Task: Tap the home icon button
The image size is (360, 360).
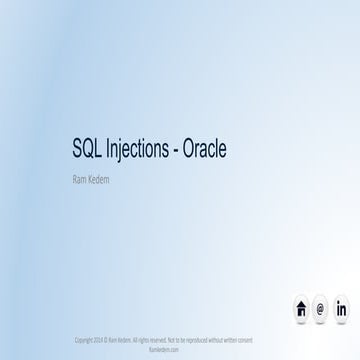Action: click(301, 308)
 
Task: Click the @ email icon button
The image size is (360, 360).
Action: click(320, 308)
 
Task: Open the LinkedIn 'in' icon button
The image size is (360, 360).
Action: click(341, 308)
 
